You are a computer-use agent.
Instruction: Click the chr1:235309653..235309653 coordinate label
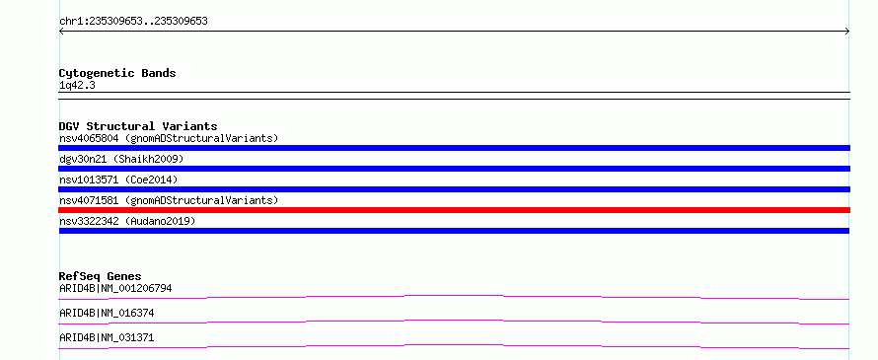pos(133,22)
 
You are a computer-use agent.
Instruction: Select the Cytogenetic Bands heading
pos(117,73)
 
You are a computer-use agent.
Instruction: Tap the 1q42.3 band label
pos(77,86)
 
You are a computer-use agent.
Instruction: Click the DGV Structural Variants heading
pos(138,126)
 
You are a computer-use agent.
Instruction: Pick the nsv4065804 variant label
pos(169,138)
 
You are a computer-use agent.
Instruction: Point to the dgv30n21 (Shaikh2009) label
pos(121,159)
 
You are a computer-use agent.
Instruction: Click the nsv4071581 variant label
pos(169,200)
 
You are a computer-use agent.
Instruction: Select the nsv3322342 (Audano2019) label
pos(127,221)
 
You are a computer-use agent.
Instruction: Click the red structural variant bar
pos(454,210)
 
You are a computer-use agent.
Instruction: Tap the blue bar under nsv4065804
pos(454,148)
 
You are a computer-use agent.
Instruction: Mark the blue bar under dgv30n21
pos(454,169)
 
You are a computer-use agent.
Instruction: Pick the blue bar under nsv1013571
pos(454,189)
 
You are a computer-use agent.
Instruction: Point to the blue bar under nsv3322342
pos(454,231)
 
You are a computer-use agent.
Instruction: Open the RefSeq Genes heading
pos(101,276)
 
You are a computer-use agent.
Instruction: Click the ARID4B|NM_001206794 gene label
pos(115,289)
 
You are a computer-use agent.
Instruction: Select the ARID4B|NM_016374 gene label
pos(107,314)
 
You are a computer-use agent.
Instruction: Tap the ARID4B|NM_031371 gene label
pos(107,338)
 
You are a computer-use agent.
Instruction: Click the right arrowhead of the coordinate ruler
pos(848,32)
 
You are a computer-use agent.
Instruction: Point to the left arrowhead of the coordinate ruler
pos(60,32)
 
